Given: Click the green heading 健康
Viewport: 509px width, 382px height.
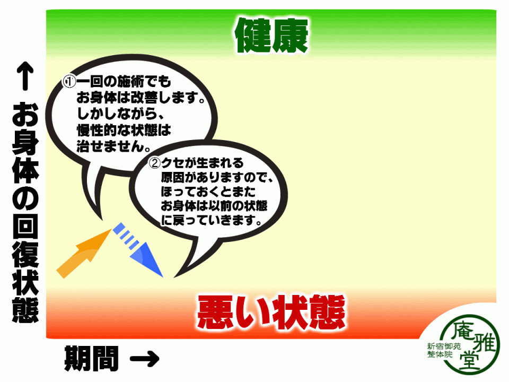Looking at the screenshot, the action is [271, 35].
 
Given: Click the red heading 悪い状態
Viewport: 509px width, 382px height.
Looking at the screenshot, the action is [271, 312].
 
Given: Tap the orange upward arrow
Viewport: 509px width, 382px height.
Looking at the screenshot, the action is [84, 254].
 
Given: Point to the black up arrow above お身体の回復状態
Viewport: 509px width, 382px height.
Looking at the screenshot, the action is [25, 76].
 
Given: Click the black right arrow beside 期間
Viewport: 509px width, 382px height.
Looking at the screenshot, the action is [145, 359].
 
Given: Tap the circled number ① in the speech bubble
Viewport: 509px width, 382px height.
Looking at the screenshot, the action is [69, 82].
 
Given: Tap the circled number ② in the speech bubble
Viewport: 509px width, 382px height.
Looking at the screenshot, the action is [155, 162].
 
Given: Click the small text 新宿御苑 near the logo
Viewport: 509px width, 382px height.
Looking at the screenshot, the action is [444, 346].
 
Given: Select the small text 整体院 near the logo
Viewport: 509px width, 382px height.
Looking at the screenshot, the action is [440, 354].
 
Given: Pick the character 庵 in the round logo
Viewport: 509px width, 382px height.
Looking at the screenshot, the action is [462, 331].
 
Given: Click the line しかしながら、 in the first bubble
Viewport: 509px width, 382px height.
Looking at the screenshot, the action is [121, 114].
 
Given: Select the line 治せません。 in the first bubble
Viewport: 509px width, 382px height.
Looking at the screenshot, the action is [113, 146].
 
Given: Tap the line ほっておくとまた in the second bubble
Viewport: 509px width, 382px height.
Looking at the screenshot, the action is [208, 192].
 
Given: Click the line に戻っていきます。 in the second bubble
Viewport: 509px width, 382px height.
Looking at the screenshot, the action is [212, 220].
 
